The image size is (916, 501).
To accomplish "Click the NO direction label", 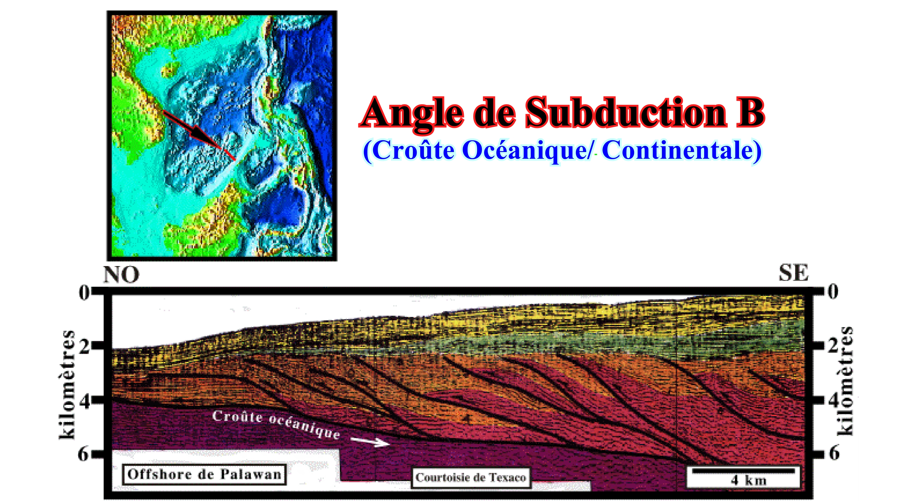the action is click(121, 274).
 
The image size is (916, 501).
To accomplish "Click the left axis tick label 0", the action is click(84, 293).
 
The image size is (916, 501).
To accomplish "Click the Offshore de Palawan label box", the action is click(204, 474).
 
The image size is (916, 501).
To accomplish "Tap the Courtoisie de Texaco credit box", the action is click(471, 478).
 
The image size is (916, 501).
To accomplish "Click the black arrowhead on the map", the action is click(203, 136).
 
